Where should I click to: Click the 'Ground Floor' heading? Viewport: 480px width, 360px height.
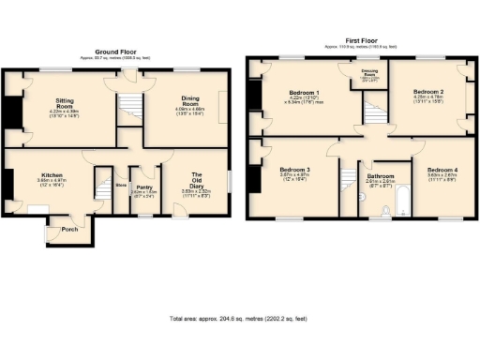pyautogui.click(x=116, y=51)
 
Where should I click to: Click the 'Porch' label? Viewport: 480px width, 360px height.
pyautogui.click(x=68, y=229)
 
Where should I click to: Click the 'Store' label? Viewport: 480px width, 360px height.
pyautogui.click(x=120, y=186)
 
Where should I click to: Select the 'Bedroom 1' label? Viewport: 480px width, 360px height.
pyautogui.click(x=303, y=92)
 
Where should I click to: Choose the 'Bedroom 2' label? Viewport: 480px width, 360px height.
pyautogui.click(x=427, y=92)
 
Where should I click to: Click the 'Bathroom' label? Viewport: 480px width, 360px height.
pyautogui.click(x=380, y=175)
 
